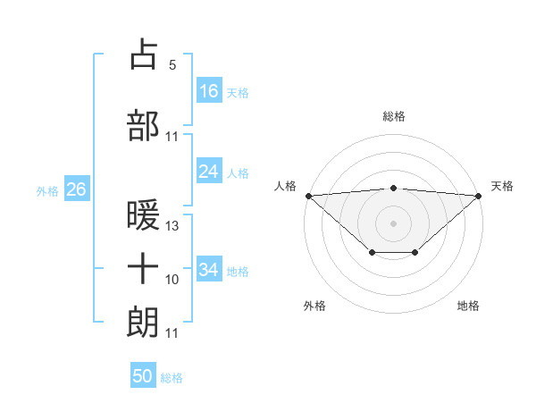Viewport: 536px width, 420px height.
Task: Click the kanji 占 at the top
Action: click(144, 55)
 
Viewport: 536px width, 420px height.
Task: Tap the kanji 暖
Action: click(144, 215)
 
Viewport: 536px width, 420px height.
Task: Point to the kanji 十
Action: click(144, 268)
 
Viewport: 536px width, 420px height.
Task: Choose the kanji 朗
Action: click(144, 322)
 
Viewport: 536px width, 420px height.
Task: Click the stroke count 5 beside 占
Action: click(172, 65)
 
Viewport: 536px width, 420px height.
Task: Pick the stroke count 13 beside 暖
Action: click(172, 226)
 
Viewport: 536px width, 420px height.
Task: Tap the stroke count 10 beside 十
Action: click(172, 280)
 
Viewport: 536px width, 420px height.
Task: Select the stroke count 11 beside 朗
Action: click(172, 333)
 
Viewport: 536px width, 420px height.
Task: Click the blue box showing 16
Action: click(209, 90)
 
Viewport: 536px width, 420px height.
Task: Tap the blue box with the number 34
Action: click(209, 269)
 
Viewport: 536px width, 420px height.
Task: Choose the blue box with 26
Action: click(76, 189)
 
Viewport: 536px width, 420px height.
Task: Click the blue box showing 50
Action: click(143, 376)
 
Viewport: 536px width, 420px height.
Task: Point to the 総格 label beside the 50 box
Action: click(172, 378)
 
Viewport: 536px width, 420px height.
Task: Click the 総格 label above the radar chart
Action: click(394, 116)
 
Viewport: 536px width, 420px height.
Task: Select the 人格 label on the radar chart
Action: click(285, 186)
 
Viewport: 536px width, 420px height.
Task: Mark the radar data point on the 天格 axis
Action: click(480, 196)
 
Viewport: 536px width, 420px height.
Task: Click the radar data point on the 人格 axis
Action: click(308, 196)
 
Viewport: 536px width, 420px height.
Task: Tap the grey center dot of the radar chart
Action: click(394, 223)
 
